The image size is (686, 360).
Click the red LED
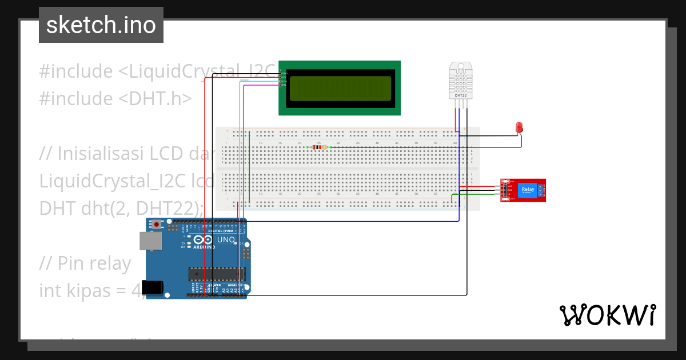[x=519, y=127]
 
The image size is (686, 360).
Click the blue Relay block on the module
[x=527, y=190]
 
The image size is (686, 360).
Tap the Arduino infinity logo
[x=204, y=241]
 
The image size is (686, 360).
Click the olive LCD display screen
[x=340, y=89]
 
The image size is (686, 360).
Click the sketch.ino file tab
[x=101, y=25]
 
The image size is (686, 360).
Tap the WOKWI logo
[x=607, y=315]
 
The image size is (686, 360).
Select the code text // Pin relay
[x=85, y=263]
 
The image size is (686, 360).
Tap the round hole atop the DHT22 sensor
[x=461, y=66]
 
